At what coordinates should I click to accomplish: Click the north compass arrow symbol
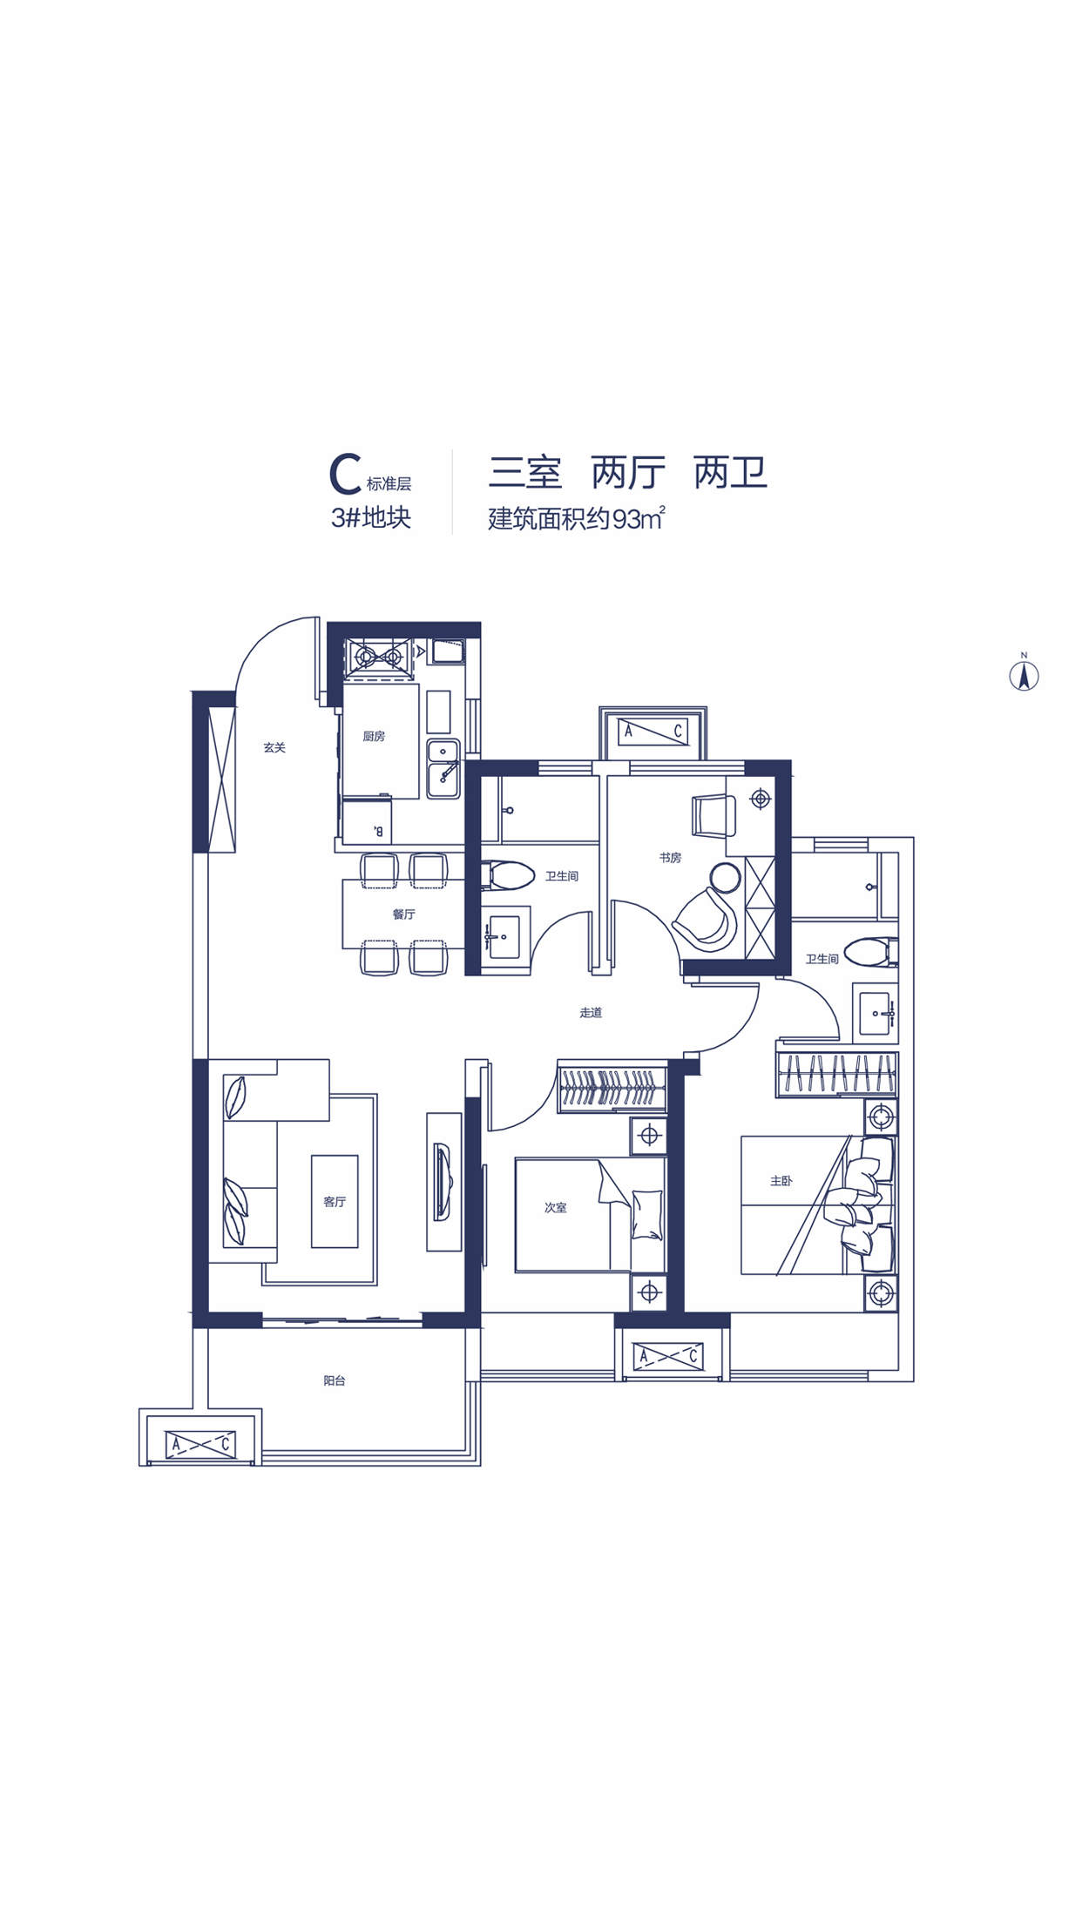click(x=1024, y=675)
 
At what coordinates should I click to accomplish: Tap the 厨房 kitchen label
click(x=374, y=736)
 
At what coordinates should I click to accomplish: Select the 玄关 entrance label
click(x=274, y=747)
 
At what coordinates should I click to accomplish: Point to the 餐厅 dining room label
click(x=403, y=914)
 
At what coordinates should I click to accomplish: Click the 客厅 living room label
click(x=335, y=1202)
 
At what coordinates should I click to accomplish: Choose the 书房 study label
click(x=670, y=858)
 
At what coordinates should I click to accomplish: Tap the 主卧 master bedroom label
click(x=781, y=1181)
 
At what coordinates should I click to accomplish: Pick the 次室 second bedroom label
click(x=556, y=1207)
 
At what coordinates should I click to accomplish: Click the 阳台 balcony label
click(x=335, y=1380)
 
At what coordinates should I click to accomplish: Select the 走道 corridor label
click(x=591, y=1012)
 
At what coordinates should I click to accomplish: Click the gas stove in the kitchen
click(x=379, y=655)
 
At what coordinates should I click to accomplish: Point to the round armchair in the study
click(x=707, y=919)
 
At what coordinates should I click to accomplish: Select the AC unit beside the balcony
click(x=201, y=1444)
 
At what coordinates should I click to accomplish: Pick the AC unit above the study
click(x=653, y=731)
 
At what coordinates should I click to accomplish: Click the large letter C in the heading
click(x=345, y=474)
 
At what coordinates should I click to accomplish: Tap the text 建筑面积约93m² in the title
click(x=577, y=518)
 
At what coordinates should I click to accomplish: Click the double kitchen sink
click(x=443, y=769)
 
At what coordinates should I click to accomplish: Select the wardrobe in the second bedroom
click(x=612, y=1087)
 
